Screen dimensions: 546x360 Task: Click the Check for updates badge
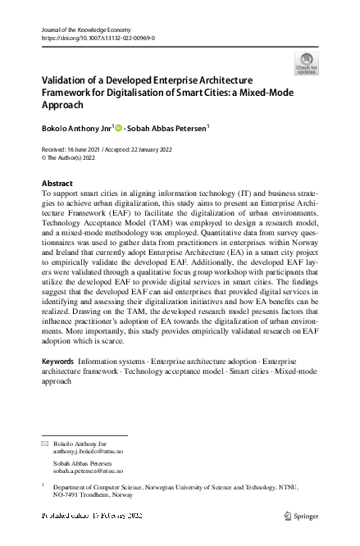click(x=306, y=63)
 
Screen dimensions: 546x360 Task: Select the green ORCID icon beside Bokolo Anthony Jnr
click(x=118, y=127)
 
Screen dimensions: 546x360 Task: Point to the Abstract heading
click(x=57, y=183)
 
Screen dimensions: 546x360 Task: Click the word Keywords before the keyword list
click(x=57, y=362)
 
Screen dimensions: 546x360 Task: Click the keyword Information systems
click(x=107, y=362)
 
